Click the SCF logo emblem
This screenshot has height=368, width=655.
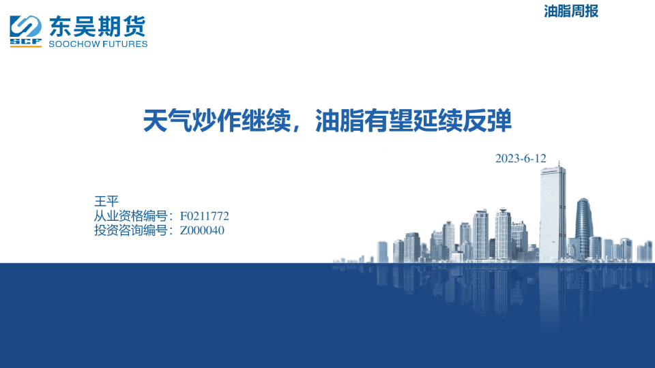coord(25,29)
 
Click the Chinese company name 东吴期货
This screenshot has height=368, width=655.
coord(98,27)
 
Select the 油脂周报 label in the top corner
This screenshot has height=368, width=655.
coord(571,11)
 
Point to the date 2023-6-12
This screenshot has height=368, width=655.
coord(521,158)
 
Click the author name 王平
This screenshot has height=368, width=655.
coord(106,201)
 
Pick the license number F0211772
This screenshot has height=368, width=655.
coord(204,216)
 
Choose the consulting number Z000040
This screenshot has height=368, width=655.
coord(202,230)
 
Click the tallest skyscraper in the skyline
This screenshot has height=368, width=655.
coord(552,211)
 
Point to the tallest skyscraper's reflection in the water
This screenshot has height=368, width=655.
coord(552,293)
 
